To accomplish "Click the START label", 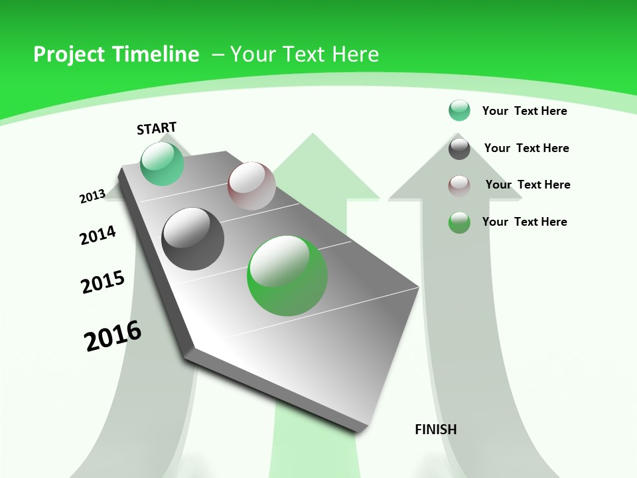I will [157, 127].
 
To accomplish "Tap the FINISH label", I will [435, 429].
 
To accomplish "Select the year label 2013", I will [92, 197].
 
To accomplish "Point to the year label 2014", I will [98, 235].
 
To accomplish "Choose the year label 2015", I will [103, 282].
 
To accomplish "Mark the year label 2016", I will [113, 335].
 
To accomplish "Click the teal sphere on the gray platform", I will [162, 163].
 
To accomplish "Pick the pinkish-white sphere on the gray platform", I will [251, 185].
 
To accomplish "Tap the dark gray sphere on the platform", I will [193, 239].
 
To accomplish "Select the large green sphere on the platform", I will [287, 276].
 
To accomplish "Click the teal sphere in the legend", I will [459, 111].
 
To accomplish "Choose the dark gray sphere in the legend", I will [459, 148].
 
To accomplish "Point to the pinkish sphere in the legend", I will [459, 185].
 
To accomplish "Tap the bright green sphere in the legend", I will [459, 222].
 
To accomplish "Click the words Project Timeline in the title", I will [116, 54].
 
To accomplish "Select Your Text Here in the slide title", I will [305, 54].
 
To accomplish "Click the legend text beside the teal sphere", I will [524, 111].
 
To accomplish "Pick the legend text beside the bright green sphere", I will [524, 222].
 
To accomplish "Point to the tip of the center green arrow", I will [312, 135].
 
